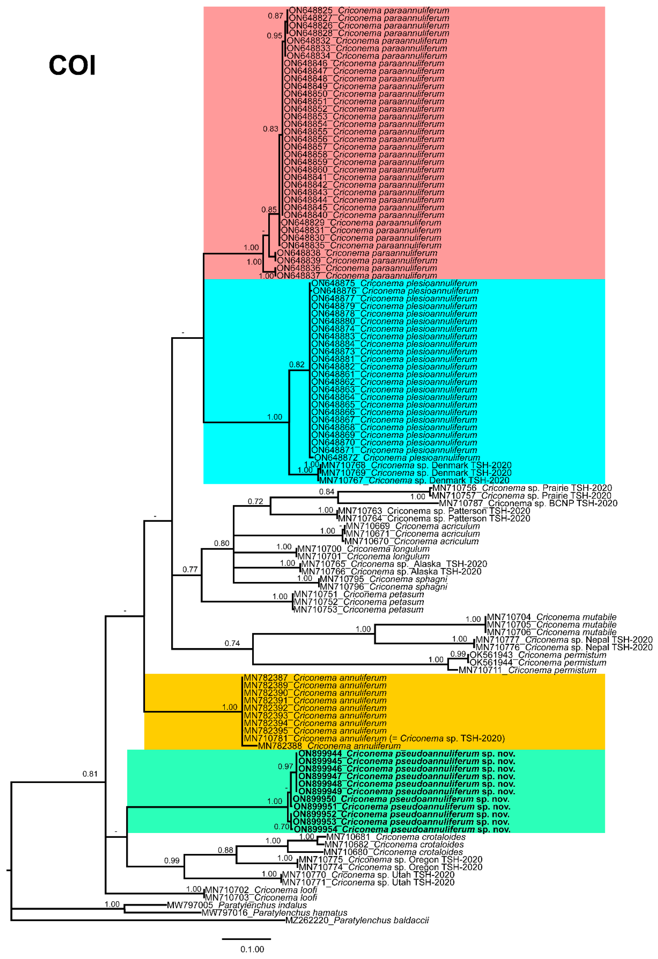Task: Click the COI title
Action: coord(72,65)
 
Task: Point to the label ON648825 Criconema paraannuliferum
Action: coord(369,10)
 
